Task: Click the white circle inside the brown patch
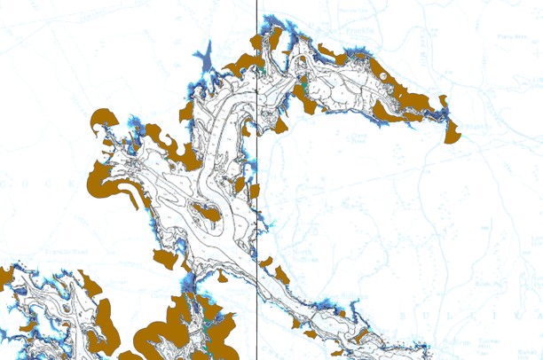click(382, 78)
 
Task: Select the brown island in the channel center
click(212, 213)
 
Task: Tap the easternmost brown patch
click(452, 131)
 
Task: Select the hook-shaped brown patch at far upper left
click(104, 119)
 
